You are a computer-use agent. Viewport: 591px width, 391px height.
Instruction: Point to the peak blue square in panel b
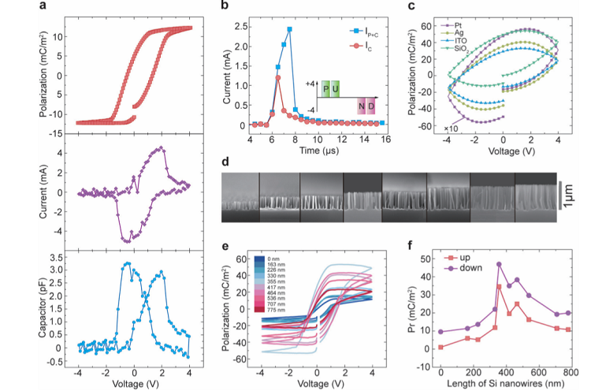click(290, 29)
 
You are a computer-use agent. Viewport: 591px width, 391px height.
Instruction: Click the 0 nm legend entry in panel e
click(273, 259)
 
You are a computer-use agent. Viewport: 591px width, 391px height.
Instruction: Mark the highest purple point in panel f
click(500, 264)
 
